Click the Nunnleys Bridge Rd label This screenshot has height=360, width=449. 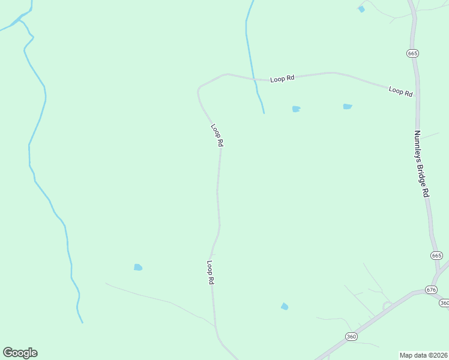click(x=422, y=164)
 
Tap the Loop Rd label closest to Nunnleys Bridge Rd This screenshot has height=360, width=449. click(x=400, y=91)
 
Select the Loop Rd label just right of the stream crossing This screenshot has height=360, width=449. click(x=282, y=79)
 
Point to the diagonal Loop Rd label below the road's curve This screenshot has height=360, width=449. click(x=217, y=135)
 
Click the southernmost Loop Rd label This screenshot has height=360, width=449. click(x=211, y=272)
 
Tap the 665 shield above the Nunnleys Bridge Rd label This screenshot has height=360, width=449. click(x=412, y=53)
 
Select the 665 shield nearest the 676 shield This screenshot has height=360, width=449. click(x=436, y=256)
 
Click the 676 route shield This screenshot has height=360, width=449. click(x=431, y=289)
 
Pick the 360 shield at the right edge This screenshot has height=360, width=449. click(x=444, y=303)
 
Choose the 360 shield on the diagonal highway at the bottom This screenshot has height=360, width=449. click(x=351, y=337)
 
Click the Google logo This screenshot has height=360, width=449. click(x=20, y=353)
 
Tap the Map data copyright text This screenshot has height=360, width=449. click(x=423, y=355)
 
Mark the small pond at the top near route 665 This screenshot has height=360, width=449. click(x=361, y=9)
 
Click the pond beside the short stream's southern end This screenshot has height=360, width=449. click(x=295, y=109)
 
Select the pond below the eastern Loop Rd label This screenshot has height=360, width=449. click(x=347, y=107)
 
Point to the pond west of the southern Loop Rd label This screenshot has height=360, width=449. click(x=138, y=267)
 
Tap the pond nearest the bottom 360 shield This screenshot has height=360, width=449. click(x=285, y=307)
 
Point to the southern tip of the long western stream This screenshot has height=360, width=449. click(x=82, y=322)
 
